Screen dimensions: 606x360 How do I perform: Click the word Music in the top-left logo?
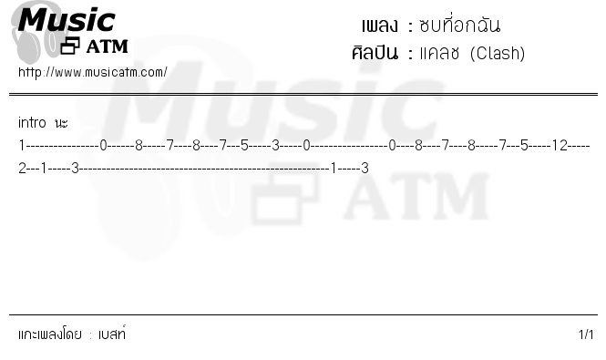pyautogui.click(x=67, y=20)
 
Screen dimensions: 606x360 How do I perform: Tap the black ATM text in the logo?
pyautogui.click(x=107, y=46)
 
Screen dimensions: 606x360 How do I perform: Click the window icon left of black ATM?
pyautogui.click(x=70, y=46)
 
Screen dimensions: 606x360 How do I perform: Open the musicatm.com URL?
pyautogui.click(x=93, y=72)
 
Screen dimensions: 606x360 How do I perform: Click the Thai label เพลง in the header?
pyautogui.click(x=379, y=26)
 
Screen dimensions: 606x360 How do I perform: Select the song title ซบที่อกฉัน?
pyautogui.click(x=460, y=26)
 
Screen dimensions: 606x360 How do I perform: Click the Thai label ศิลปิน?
pyautogui.click(x=375, y=53)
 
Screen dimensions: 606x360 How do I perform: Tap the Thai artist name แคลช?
pyautogui.click(x=439, y=54)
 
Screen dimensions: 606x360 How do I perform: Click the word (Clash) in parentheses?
pyautogui.click(x=498, y=54)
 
